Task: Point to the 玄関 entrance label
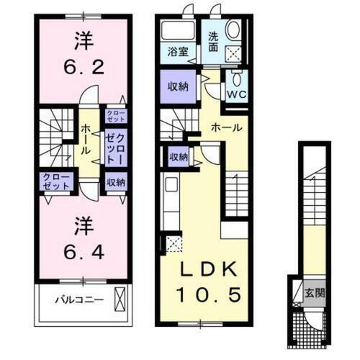313,292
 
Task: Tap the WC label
236,93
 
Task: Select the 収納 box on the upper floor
115,182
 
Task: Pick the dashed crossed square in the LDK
174,243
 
